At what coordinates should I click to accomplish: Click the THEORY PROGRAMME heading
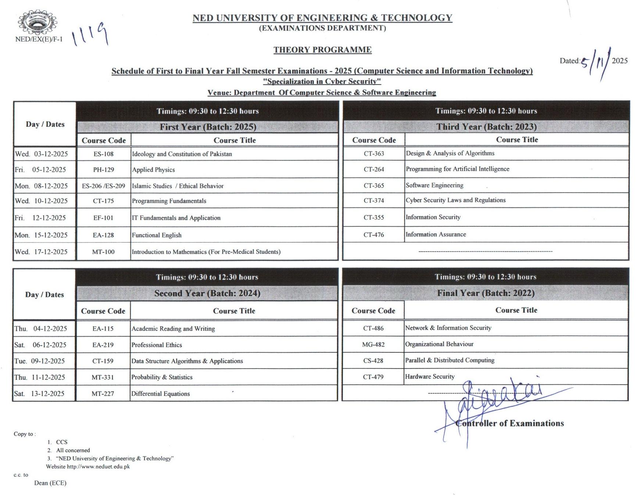pos(322,50)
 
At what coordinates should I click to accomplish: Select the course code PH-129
pos(103,170)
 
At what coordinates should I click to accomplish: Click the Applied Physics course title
pos(153,170)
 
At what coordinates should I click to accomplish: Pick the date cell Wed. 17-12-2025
pos(41,252)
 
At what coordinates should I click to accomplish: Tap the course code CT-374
pos(374,201)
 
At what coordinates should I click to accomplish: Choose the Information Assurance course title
pos(436,234)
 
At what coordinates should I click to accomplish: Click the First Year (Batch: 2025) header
pos(208,127)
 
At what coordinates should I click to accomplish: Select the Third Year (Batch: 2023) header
pos(486,127)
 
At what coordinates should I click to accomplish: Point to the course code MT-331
pos(103,377)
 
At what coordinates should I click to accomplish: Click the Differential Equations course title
pos(161,393)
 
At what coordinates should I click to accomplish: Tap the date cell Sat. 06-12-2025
pos(41,345)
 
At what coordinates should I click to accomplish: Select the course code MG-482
pos(373,345)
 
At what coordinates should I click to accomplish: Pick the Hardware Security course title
pos(430,377)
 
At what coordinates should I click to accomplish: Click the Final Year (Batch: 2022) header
pos(486,293)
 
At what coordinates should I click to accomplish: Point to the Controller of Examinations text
pos(509,423)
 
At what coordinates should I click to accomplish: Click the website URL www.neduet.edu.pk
pos(98,467)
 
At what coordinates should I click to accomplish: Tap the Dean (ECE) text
pos(50,483)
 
